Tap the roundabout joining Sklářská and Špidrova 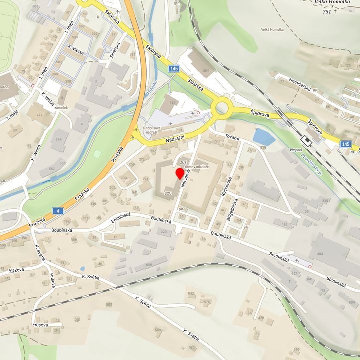(222, 106)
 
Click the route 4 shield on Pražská (59, 211)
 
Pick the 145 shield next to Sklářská (173, 68)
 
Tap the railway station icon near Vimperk (307, 141)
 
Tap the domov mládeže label (196, 166)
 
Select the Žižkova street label (18, 271)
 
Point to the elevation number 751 (327, 11)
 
